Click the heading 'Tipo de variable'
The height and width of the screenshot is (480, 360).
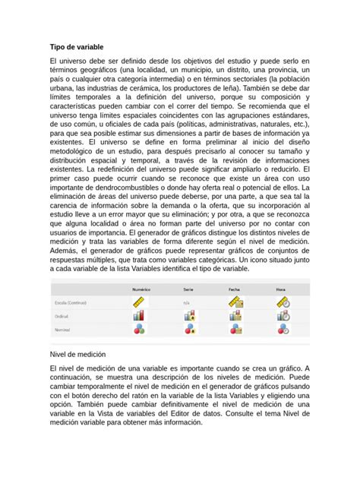coord(76,48)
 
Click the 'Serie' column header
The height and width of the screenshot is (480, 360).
coord(188,289)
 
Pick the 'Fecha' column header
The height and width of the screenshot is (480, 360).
coord(234,289)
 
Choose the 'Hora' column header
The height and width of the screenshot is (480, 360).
coord(281,289)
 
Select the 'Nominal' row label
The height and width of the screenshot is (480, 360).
coord(63,330)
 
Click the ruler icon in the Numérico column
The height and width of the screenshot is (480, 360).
coord(139,303)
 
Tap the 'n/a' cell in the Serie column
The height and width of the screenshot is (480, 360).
coord(186,303)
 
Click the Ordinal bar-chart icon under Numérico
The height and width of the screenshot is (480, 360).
coord(139,316)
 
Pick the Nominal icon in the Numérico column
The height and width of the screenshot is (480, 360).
coord(139,330)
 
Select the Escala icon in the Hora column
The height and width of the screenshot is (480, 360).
coord(283,303)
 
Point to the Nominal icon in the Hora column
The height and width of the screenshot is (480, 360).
coord(283,330)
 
